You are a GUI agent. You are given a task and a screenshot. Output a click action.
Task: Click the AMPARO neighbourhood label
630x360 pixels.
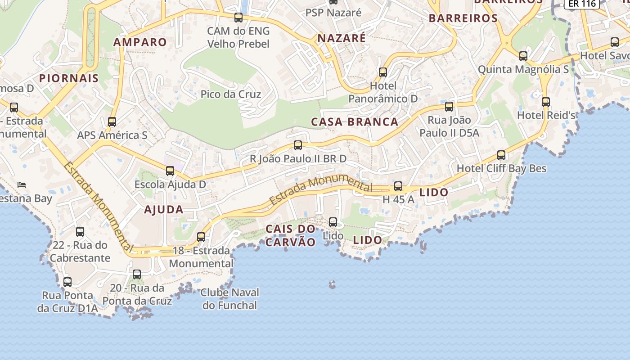click(140, 42)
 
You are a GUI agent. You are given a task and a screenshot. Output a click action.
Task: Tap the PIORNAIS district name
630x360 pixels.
click(69, 78)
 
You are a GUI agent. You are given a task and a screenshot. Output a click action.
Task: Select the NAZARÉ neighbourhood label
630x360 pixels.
click(342, 39)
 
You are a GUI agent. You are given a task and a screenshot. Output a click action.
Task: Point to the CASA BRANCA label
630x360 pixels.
click(355, 122)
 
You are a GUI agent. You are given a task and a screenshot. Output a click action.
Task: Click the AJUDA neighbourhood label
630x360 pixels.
click(164, 210)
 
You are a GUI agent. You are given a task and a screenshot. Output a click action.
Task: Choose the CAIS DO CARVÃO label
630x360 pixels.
click(291, 235)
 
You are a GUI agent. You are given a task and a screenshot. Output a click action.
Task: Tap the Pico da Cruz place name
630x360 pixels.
click(231, 94)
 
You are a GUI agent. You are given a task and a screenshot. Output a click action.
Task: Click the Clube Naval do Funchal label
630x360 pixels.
click(230, 299)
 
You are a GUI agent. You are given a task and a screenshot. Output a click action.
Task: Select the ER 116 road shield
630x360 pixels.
click(582, 4)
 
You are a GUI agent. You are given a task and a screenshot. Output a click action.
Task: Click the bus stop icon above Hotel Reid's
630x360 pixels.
click(546, 102)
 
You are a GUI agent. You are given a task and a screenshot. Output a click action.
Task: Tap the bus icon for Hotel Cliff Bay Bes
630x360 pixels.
click(501, 156)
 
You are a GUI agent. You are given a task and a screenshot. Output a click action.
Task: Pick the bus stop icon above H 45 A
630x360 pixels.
click(398, 186)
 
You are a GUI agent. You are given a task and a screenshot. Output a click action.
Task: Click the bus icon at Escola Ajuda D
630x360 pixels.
click(170, 171)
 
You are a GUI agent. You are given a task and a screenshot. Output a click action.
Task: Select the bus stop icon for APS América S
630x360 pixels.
click(112, 122)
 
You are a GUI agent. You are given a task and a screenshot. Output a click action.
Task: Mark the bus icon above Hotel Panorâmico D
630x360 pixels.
click(383, 72)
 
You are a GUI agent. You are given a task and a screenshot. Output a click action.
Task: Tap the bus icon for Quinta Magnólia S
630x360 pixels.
click(523, 56)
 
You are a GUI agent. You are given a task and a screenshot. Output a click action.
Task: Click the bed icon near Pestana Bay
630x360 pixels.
click(22, 184)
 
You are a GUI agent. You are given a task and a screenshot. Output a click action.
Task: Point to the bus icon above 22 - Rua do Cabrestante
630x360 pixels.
click(80, 232)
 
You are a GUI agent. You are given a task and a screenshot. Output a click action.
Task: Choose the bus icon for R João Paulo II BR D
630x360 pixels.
click(298, 145)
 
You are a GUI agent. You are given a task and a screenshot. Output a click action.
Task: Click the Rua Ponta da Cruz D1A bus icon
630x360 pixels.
click(67, 282)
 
